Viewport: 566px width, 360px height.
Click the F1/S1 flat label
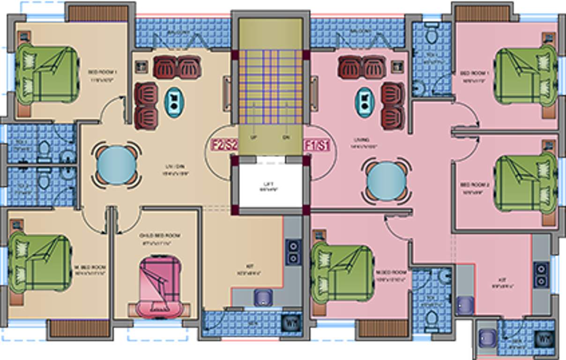click(317, 145)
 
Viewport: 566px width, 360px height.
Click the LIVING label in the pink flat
click(362, 140)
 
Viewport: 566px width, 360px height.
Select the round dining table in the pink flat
click(387, 181)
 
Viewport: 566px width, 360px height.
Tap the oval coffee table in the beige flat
click(174, 102)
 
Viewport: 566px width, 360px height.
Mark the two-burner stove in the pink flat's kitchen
click(541, 274)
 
